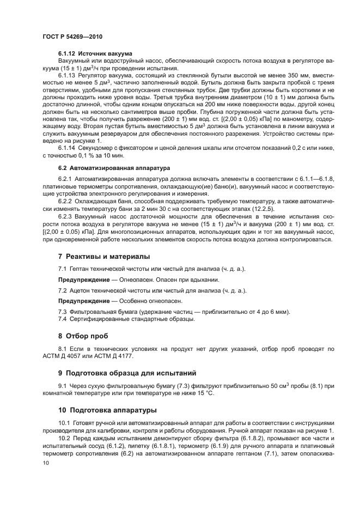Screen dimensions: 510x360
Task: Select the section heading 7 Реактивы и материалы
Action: pos(104,256)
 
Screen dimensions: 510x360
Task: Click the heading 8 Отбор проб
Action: pos(83,336)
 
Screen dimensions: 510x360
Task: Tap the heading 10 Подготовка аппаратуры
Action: pos(107,410)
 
